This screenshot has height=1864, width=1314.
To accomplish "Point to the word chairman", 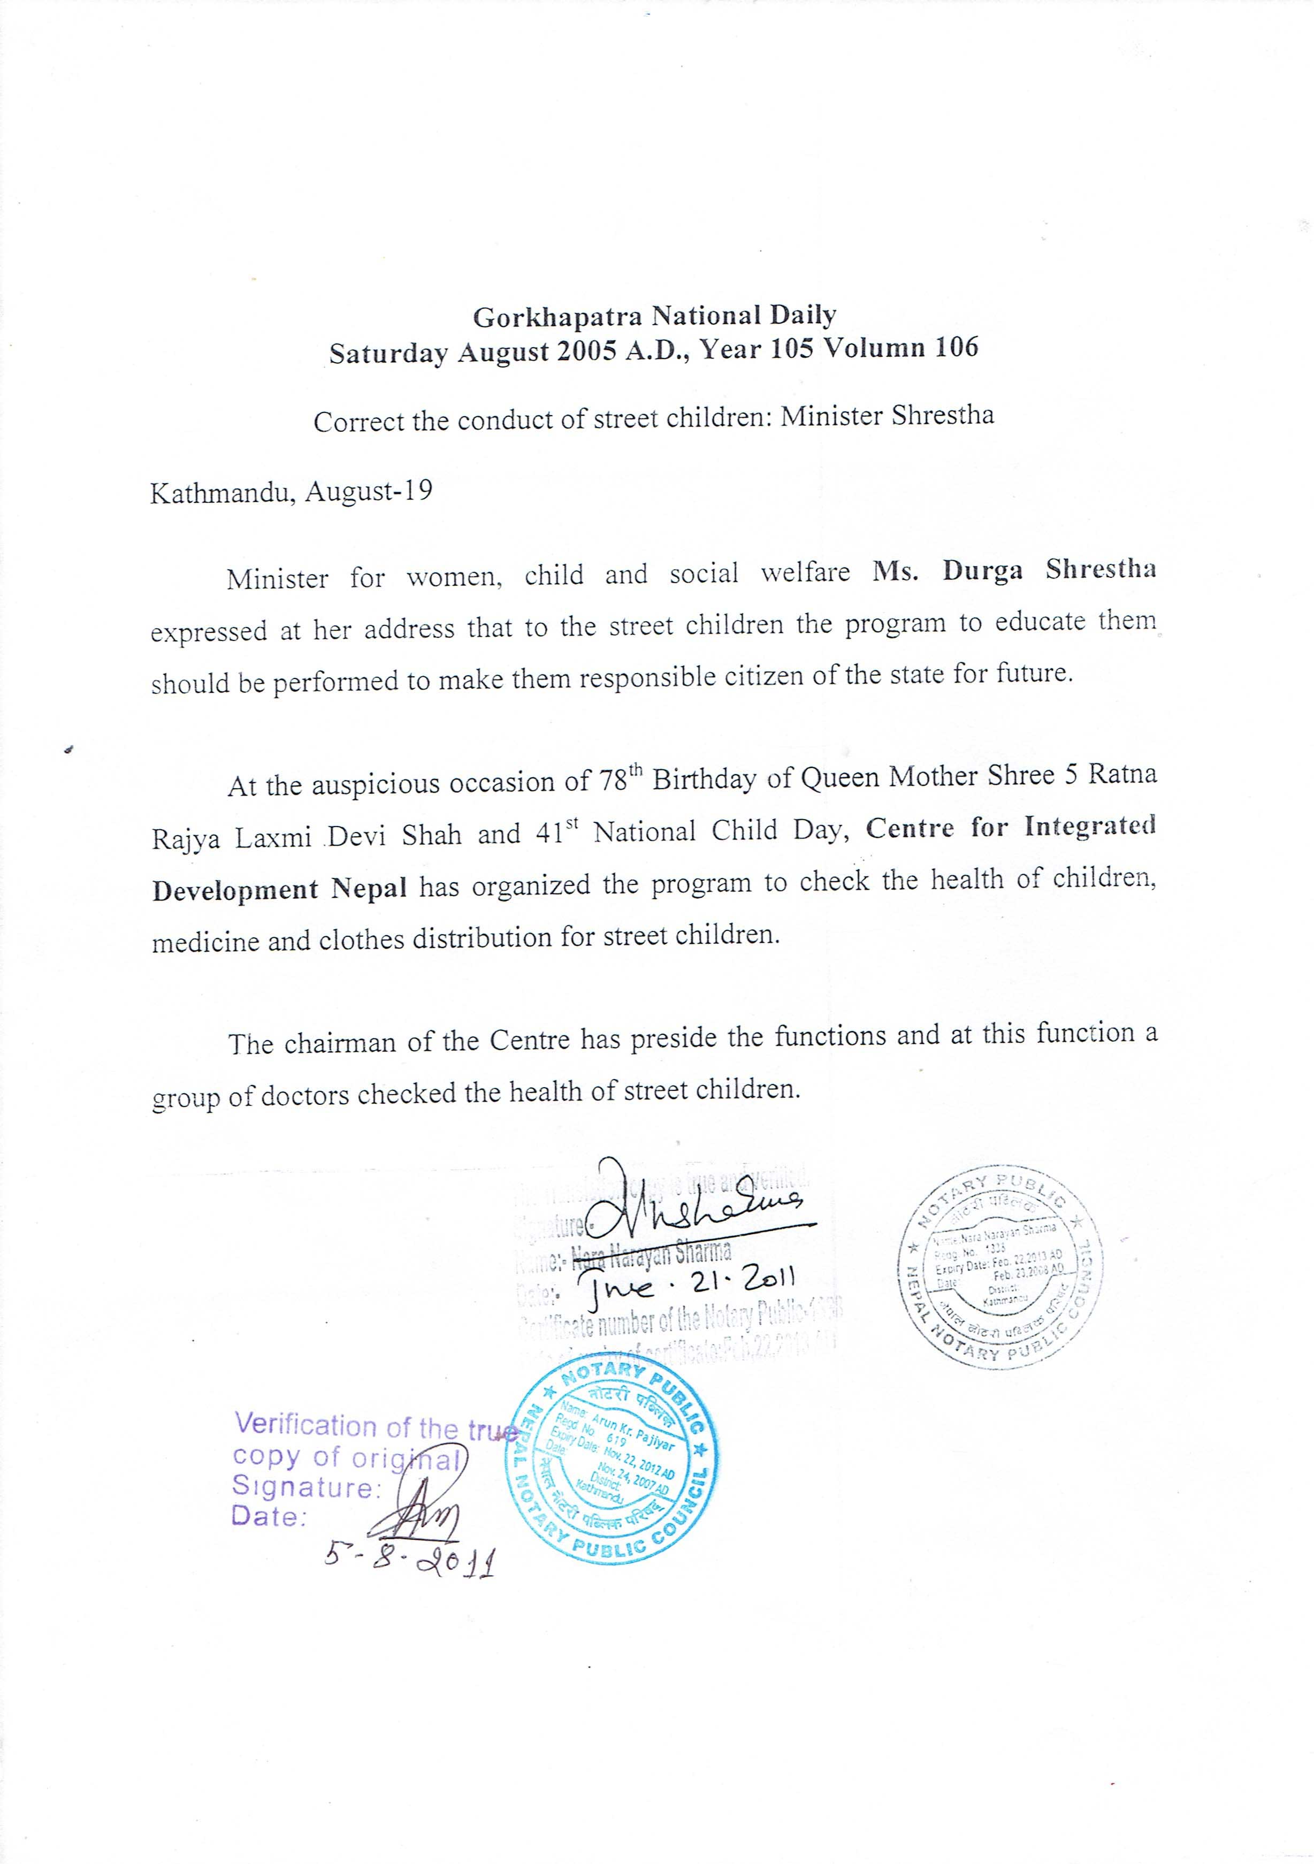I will pyautogui.click(x=342, y=1042).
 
